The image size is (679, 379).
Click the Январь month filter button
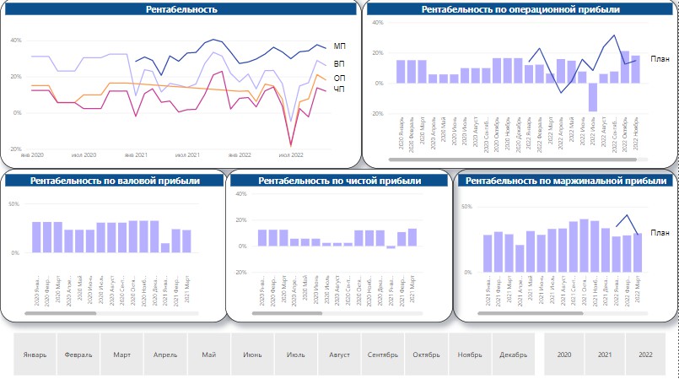[35, 355]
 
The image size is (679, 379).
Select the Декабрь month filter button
[513, 355]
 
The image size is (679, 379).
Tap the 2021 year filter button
[605, 355]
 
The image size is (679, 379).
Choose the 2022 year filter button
[645, 355]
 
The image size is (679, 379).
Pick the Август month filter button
[340, 355]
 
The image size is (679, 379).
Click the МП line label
[339, 46]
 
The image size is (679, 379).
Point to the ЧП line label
[339, 89]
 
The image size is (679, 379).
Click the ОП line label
[339, 79]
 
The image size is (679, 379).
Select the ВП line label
[339, 63]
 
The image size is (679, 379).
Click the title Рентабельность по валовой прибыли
[115, 181]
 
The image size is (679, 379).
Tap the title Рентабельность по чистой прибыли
[340, 181]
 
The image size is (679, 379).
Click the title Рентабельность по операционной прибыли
[520, 10]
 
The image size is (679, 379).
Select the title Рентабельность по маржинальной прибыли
[566, 181]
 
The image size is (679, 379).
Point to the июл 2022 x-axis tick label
[291, 155]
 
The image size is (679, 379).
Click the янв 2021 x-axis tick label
[135, 155]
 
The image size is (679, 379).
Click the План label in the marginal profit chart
[660, 233]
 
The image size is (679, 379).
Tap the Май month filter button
[209, 355]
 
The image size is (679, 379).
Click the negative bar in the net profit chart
[391, 247]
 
